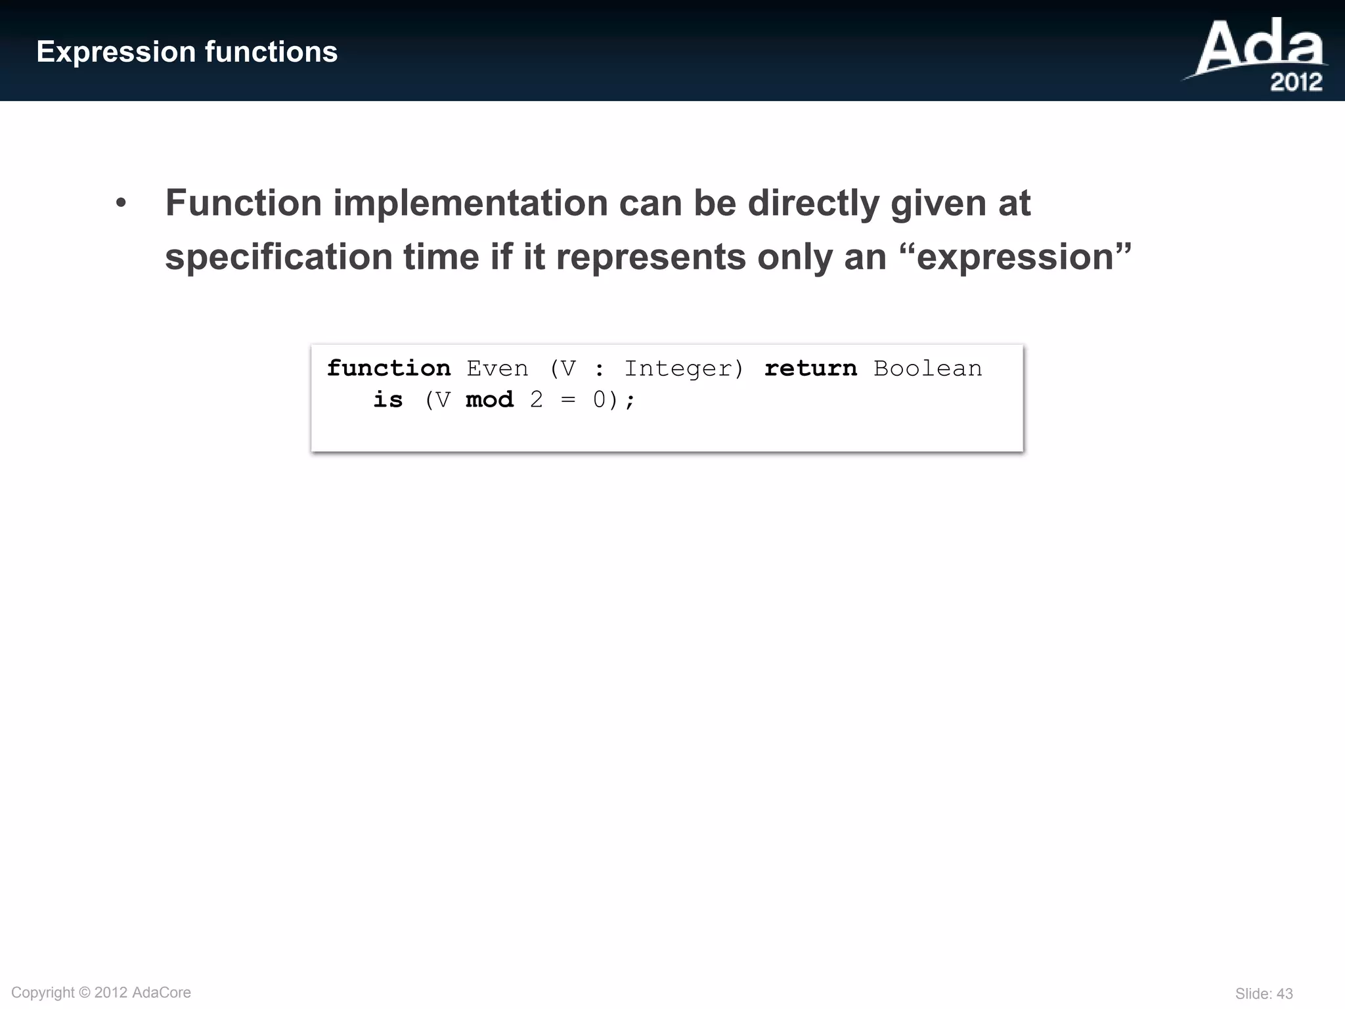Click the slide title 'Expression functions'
(x=187, y=52)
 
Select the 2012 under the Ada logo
(x=1296, y=83)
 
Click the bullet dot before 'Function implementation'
(x=121, y=204)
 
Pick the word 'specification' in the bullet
(x=278, y=256)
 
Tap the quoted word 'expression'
(x=1015, y=256)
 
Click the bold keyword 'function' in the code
(x=389, y=369)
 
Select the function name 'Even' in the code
(x=497, y=369)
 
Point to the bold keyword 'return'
(x=810, y=369)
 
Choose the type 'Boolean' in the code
(x=927, y=369)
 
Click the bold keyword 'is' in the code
(x=388, y=400)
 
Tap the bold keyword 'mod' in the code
(x=489, y=400)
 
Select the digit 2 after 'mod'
(x=537, y=400)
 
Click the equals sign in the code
(x=568, y=400)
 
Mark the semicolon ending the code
(x=630, y=401)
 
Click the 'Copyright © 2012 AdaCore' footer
(x=101, y=993)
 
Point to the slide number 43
(x=1285, y=994)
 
